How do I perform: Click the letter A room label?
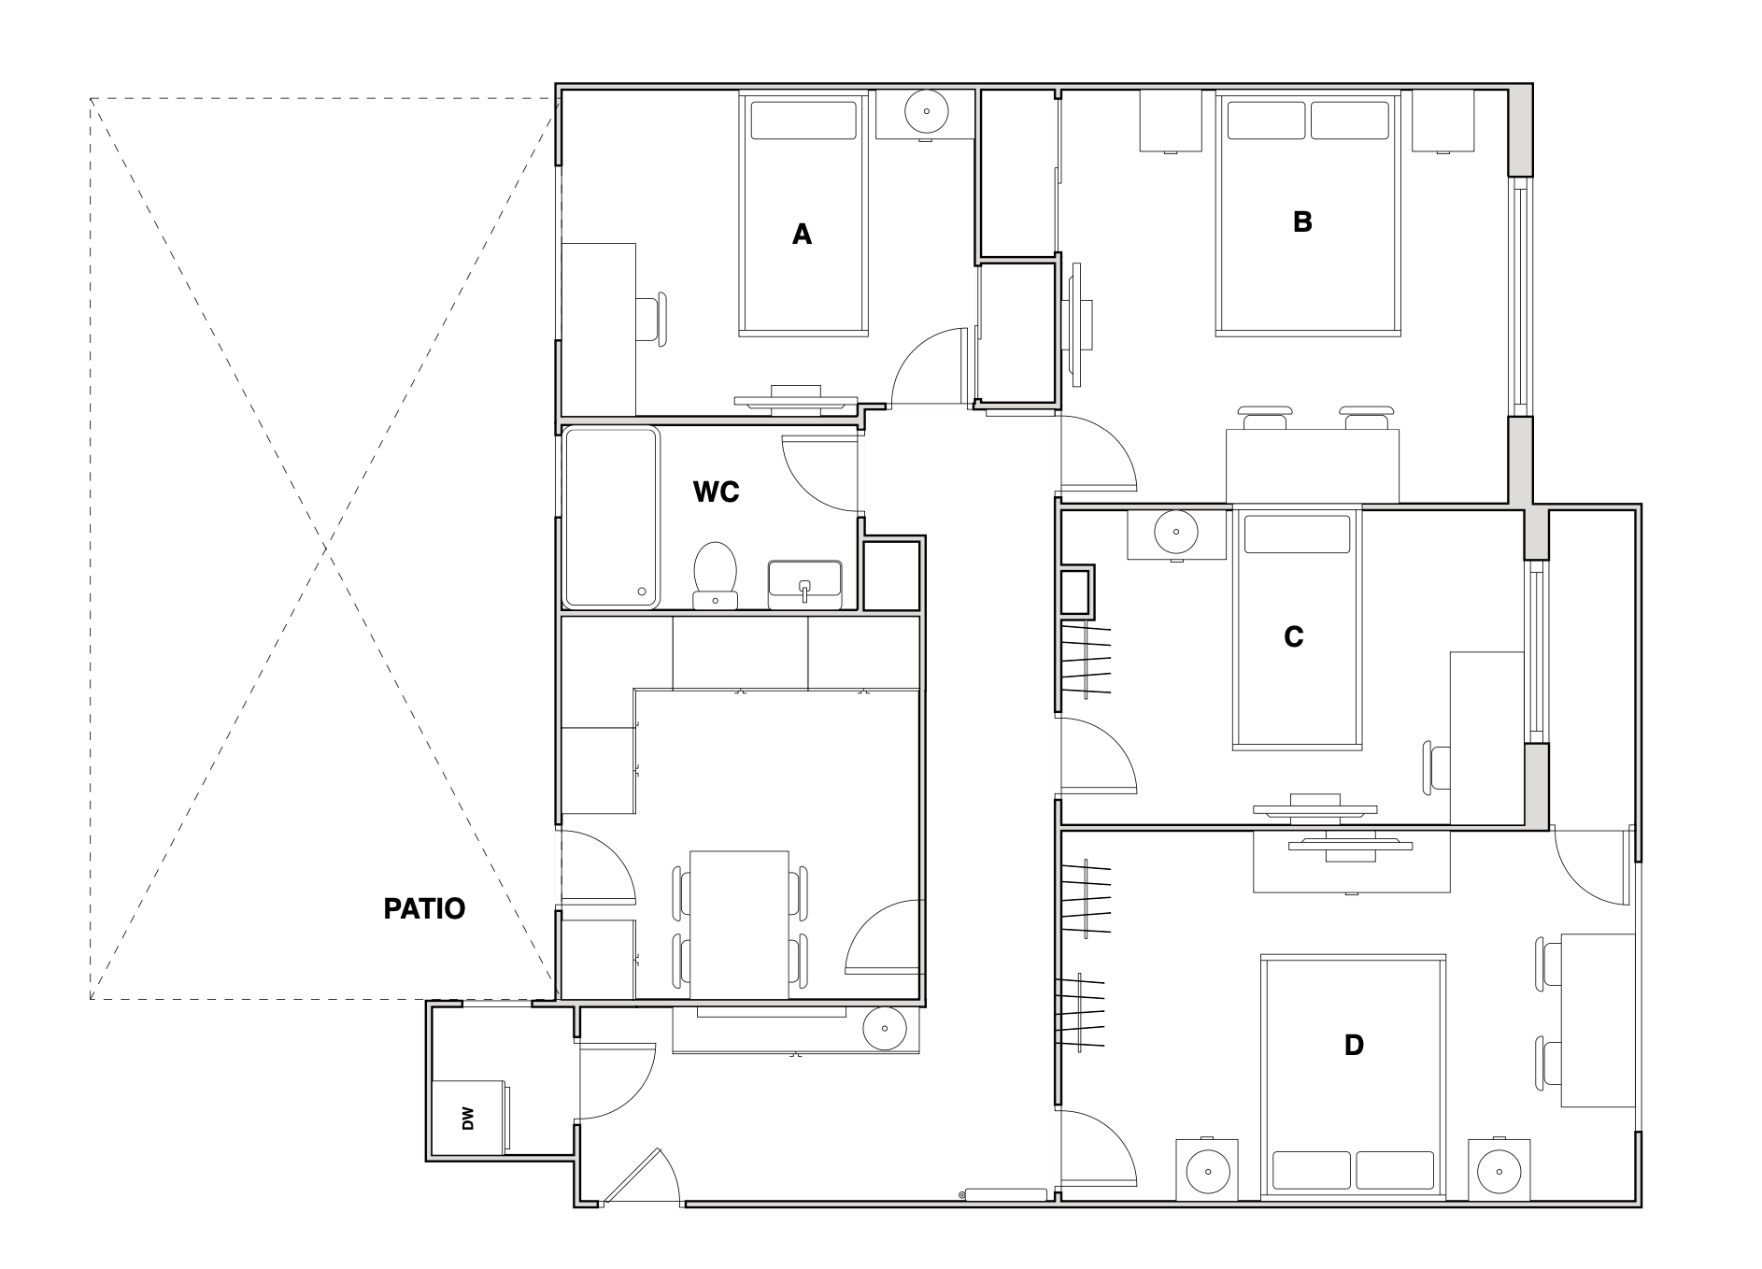click(802, 235)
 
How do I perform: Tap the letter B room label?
click(1302, 222)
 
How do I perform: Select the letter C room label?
click(1294, 637)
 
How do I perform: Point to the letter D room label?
click(1354, 1045)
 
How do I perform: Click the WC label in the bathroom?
click(717, 492)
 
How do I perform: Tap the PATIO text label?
click(424, 908)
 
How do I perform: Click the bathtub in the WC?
click(612, 517)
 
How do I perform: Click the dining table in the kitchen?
click(739, 925)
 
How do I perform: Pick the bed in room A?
click(804, 214)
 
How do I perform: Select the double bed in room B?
click(1308, 213)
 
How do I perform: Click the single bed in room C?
click(1297, 627)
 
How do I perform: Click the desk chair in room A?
click(653, 321)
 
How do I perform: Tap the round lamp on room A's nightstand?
click(927, 111)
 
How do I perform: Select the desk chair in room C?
click(1437, 769)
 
